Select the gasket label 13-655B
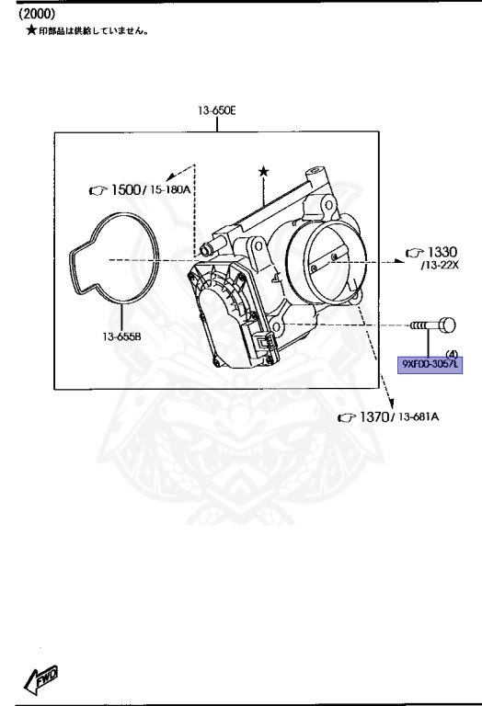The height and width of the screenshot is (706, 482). click(x=122, y=336)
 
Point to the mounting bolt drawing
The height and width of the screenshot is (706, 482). click(x=430, y=325)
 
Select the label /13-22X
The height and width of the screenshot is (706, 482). click(x=440, y=266)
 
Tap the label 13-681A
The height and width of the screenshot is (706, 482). click(x=419, y=418)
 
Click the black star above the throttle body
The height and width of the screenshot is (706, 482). click(x=264, y=171)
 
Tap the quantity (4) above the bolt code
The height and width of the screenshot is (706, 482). click(x=452, y=353)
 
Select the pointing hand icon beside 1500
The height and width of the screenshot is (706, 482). click(x=97, y=190)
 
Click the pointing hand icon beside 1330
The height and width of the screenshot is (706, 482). click(x=413, y=253)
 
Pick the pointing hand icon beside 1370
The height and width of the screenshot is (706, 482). click(x=346, y=418)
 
